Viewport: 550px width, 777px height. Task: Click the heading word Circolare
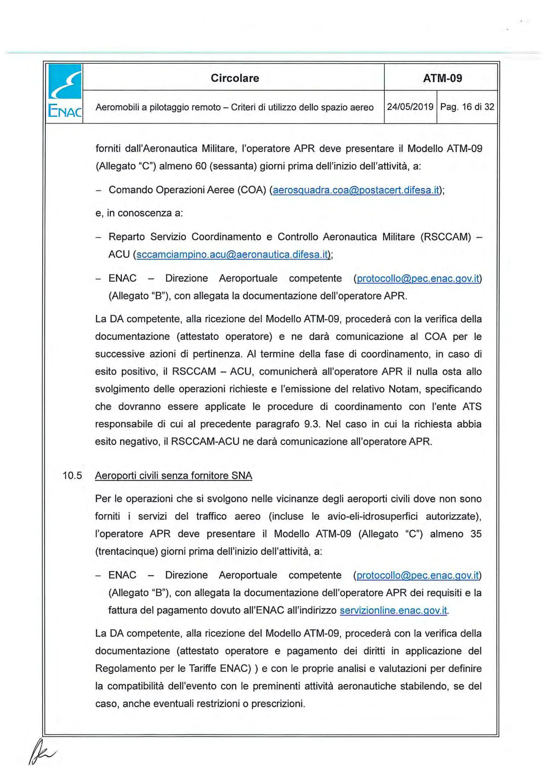pos(234,78)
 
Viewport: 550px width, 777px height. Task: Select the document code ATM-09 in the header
pos(442,78)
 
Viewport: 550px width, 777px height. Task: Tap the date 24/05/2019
pos(410,107)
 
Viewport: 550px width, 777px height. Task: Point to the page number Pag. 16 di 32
pos(467,107)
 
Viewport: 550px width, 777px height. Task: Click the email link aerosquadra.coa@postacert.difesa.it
pos(356,190)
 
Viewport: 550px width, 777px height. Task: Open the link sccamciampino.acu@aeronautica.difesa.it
pos(233,254)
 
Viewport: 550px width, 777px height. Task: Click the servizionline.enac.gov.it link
pos(393,610)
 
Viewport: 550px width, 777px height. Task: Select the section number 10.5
pos(72,476)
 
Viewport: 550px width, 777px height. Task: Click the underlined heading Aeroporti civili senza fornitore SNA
pos(173,476)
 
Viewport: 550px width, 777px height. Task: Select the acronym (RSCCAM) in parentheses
pos(445,237)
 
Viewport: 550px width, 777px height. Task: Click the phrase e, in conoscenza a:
pos(139,213)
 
